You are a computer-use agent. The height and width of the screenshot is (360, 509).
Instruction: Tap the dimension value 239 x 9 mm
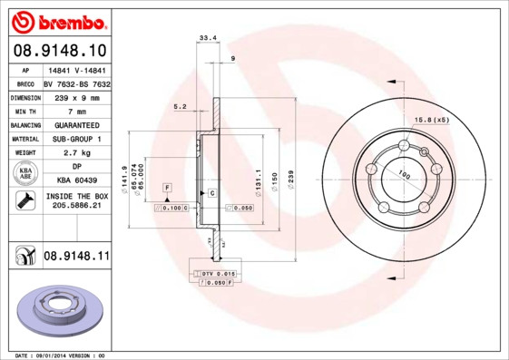click(x=77, y=97)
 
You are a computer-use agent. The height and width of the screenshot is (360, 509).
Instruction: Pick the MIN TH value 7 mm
click(x=77, y=111)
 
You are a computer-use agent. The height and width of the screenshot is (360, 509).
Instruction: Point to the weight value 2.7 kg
click(x=77, y=153)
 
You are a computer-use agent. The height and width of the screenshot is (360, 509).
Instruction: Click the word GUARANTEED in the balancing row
click(x=77, y=125)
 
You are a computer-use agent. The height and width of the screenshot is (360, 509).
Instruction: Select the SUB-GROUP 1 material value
click(x=77, y=139)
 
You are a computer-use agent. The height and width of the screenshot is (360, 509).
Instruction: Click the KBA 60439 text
click(x=77, y=181)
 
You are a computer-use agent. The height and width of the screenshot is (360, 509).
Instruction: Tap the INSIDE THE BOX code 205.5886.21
click(x=77, y=206)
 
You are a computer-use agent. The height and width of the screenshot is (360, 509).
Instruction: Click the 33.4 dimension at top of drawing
click(x=207, y=38)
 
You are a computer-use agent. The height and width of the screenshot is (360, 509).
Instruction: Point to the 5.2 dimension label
click(x=180, y=107)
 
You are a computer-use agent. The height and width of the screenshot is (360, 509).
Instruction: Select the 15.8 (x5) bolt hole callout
click(x=432, y=120)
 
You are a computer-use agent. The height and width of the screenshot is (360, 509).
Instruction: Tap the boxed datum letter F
click(x=167, y=187)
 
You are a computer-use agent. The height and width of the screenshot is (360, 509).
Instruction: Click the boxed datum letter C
click(x=211, y=194)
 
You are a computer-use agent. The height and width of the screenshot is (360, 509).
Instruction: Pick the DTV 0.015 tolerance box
click(x=218, y=272)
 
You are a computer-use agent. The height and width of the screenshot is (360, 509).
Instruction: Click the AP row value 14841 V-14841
click(x=77, y=69)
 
